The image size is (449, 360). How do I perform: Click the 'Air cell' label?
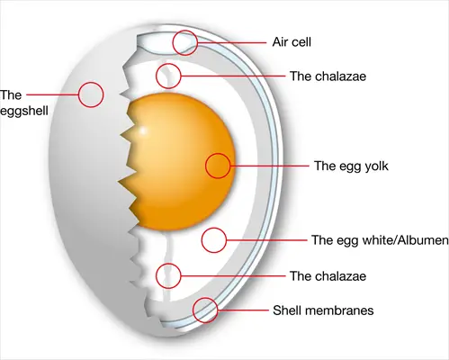click(x=292, y=42)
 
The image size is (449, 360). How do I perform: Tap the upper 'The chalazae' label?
click(x=328, y=76)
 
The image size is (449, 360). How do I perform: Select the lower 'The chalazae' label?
click(x=328, y=276)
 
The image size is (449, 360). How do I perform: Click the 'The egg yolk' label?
click(x=351, y=166)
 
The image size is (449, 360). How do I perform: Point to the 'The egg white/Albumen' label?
click(x=380, y=240)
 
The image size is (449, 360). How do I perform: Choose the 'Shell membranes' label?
click(x=323, y=310)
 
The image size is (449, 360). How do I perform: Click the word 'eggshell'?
click(x=24, y=111)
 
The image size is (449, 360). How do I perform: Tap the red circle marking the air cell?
click(x=185, y=42)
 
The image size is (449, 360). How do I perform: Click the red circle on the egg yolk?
click(x=218, y=166)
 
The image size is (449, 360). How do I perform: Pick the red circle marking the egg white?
click(x=214, y=240)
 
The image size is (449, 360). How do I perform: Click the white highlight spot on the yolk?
click(x=143, y=131)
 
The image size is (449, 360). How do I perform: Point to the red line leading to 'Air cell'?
click(x=232, y=43)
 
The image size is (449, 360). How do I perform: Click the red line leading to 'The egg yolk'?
click(x=270, y=166)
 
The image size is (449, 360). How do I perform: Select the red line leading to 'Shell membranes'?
click(x=243, y=310)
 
